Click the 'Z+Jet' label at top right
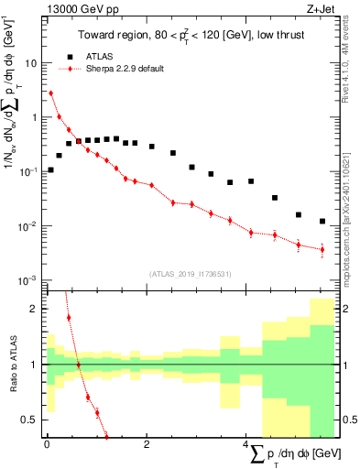[x=318, y=9]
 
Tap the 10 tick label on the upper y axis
[x=32, y=63]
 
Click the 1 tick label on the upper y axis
[x=35, y=117]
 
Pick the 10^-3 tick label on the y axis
[x=29, y=280]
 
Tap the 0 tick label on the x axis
[x=46, y=447]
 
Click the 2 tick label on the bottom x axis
[x=147, y=447]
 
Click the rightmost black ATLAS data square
[x=322, y=221]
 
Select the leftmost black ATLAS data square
[x=50, y=169]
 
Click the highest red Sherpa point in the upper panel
[x=50, y=93]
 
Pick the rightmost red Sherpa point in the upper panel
[x=322, y=249]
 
